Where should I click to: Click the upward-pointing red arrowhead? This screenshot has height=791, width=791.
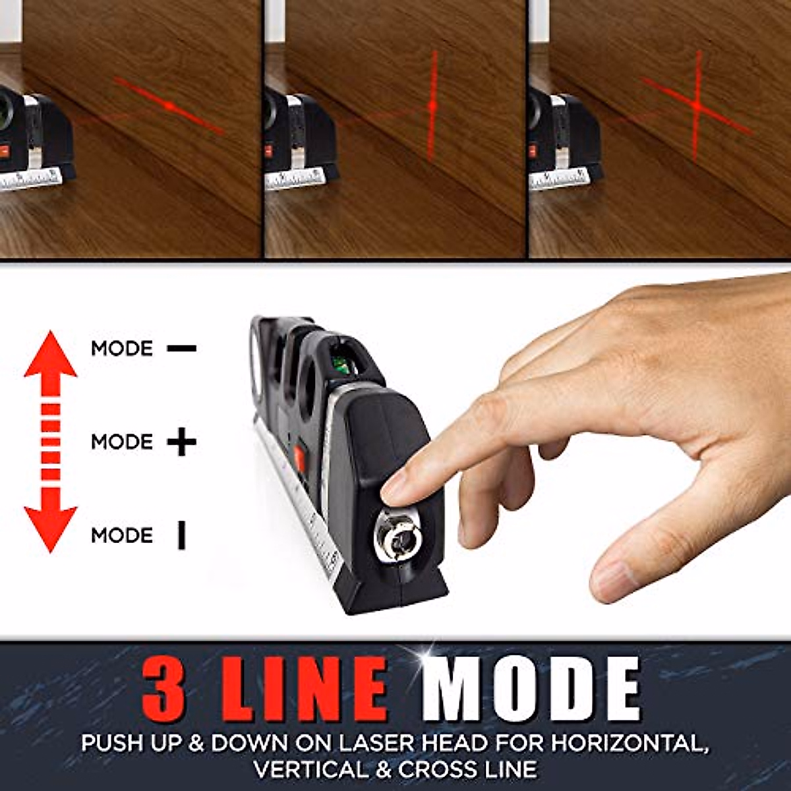[51, 357]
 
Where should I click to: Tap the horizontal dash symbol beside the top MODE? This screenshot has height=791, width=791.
[181, 348]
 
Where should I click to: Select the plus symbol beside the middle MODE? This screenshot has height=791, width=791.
[181, 442]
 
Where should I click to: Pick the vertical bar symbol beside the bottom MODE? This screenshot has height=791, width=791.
[181, 535]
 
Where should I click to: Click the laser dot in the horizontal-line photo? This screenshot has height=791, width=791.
[169, 105]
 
